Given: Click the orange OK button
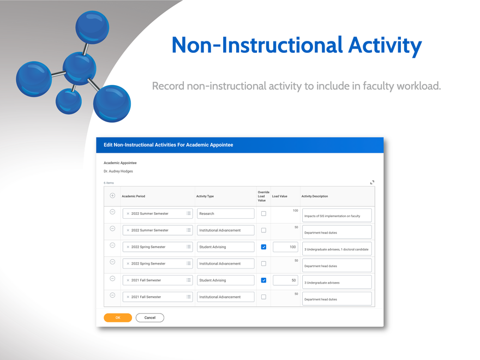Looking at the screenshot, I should click(x=118, y=317).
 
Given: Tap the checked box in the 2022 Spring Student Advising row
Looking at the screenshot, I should click(x=263, y=247).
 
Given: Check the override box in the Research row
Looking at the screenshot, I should click(x=263, y=214).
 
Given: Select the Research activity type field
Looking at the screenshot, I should click(x=225, y=214).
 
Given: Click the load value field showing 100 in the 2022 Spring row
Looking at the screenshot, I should click(x=285, y=247).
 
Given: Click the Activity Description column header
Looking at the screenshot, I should click(x=315, y=196).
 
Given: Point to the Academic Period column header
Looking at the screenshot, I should click(x=134, y=196).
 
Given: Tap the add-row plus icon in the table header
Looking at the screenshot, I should click(x=112, y=196).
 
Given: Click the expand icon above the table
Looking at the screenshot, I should click(x=372, y=182).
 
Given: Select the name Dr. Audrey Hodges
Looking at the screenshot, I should click(x=118, y=171).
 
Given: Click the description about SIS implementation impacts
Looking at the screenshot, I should click(x=336, y=215).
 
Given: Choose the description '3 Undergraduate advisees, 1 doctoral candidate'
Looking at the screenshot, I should click(x=336, y=249).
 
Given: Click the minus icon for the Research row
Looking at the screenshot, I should click(x=112, y=212).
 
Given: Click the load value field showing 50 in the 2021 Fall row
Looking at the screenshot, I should click(x=285, y=280).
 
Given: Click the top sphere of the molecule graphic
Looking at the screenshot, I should click(x=92, y=26).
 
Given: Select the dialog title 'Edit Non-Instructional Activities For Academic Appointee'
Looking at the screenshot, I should click(x=169, y=145).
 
